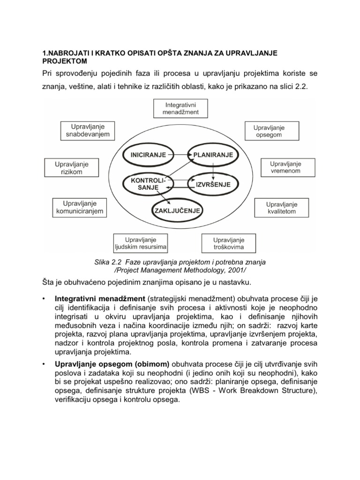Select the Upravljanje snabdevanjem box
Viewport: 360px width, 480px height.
(x=88, y=130)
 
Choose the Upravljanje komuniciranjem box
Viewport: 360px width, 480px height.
(x=78, y=208)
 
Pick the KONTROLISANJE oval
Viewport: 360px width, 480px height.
(x=144, y=184)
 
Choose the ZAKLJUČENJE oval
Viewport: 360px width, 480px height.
(x=178, y=211)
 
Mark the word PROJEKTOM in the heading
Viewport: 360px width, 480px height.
(x=64, y=61)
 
